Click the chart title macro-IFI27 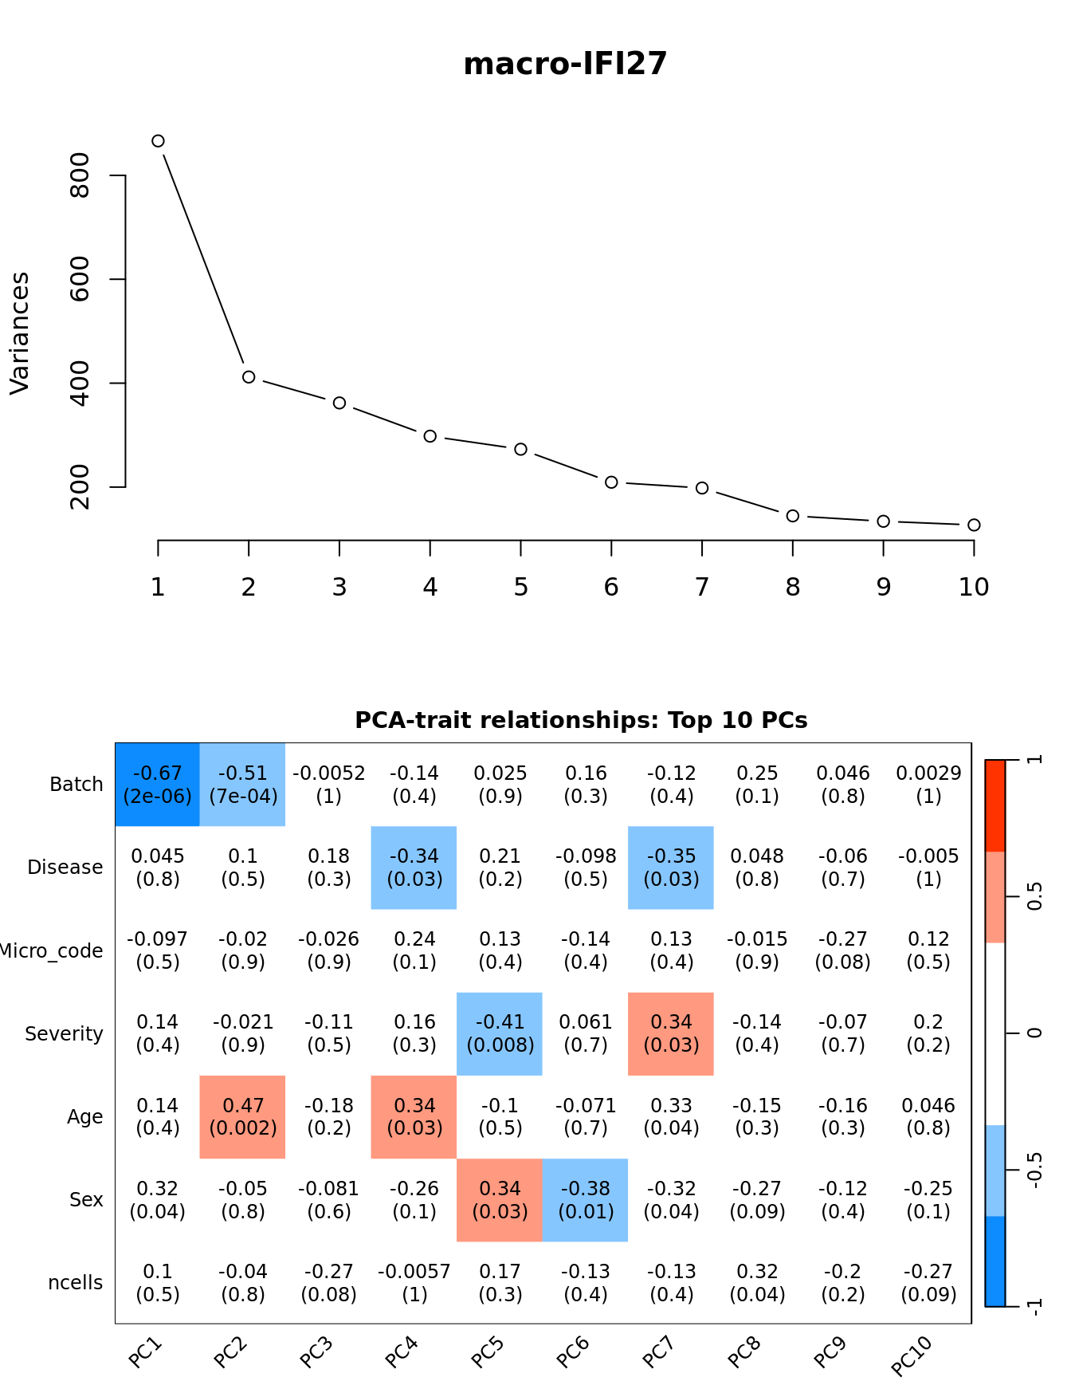click(565, 64)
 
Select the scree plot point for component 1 click(158, 141)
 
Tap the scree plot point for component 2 click(249, 377)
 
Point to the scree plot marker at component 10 click(974, 525)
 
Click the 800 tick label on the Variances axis click(80, 175)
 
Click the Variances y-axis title click(20, 333)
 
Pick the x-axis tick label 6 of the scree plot click(611, 588)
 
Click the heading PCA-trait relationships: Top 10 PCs click(581, 721)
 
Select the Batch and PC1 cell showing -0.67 click(158, 785)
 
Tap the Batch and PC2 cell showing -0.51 click(243, 785)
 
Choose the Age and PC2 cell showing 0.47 click(243, 1117)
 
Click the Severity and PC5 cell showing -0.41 click(500, 1034)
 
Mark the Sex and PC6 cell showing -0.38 click(586, 1200)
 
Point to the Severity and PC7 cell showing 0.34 click(671, 1034)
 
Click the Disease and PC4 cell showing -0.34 click(414, 868)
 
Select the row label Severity click(64, 1034)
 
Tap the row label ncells click(76, 1283)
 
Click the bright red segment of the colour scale click(995, 805)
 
